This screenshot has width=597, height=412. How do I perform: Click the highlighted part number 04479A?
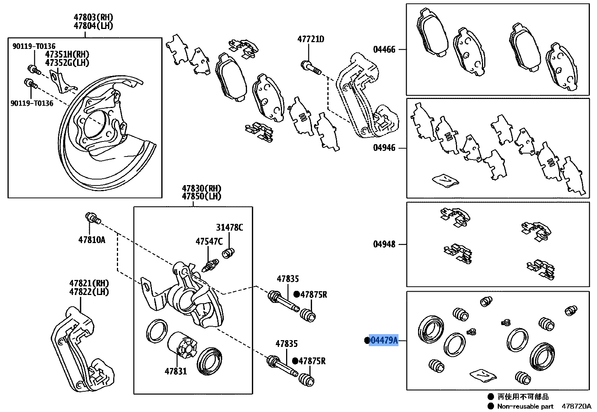pos(384,341)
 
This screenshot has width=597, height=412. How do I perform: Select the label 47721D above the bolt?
pos(311,39)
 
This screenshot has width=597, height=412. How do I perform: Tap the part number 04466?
pos(384,50)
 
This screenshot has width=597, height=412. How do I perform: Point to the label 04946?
pos(384,148)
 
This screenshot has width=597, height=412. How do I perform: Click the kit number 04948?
pos(384,245)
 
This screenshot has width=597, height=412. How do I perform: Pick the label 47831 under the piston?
pos(176,371)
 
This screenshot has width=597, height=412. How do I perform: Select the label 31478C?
pos(229,227)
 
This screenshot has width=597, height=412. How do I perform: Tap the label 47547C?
pos(209,241)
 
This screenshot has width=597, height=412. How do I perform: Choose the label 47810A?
pos(92,239)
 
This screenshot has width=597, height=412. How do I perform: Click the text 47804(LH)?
pos(93,26)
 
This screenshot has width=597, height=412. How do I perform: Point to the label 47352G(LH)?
pos(67,63)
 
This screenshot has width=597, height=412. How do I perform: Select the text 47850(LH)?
pos(202,196)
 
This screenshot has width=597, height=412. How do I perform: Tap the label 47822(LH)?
pos(89,292)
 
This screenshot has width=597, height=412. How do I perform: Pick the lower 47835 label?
pos(286,344)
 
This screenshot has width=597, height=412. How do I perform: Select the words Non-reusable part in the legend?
pos(525,406)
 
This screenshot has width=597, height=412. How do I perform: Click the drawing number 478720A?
pos(576,406)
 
